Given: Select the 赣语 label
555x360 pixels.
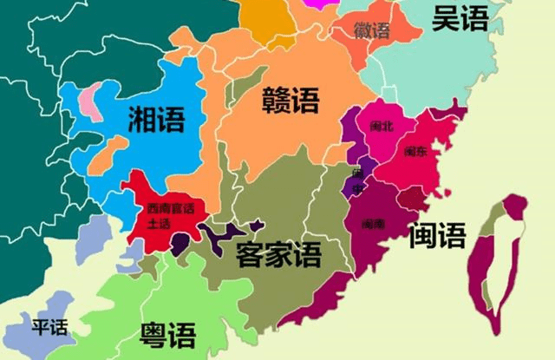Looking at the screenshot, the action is pyautogui.click(x=291, y=101).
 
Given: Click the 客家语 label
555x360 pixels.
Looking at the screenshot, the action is pyautogui.click(x=278, y=253).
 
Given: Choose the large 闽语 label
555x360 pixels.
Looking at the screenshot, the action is pyautogui.click(x=437, y=234).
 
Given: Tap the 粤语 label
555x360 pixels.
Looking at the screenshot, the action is pyautogui.click(x=167, y=334).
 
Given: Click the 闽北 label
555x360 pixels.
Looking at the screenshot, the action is pyautogui.click(x=381, y=126).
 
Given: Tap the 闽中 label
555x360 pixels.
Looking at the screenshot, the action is pyautogui.click(x=358, y=180).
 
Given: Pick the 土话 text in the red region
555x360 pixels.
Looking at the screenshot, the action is pyautogui.click(x=160, y=223).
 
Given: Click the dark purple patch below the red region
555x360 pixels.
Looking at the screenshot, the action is pyautogui.click(x=180, y=245).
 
